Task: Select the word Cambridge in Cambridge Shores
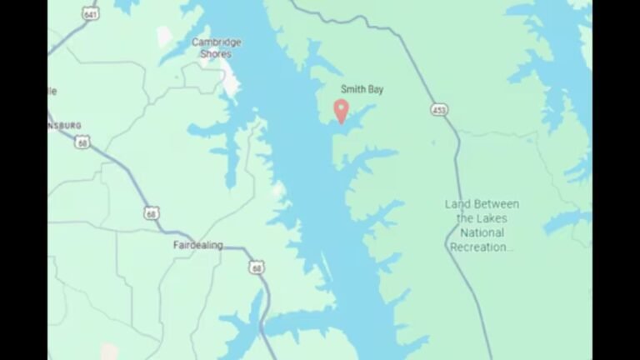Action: (217, 42)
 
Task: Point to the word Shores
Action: (216, 53)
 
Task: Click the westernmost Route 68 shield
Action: (81, 143)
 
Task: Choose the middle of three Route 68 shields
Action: (150, 213)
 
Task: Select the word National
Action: (482, 232)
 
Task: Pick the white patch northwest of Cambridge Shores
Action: (164, 36)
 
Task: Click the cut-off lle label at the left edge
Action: (52, 90)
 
